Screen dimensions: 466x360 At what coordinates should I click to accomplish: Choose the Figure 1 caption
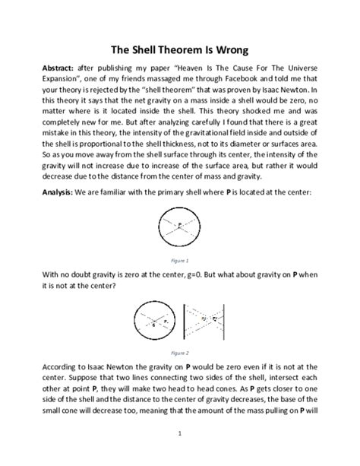tap(179, 259)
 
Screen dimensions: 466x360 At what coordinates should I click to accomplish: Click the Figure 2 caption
tap(179, 353)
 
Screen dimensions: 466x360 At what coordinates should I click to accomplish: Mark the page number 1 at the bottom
tap(179, 433)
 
